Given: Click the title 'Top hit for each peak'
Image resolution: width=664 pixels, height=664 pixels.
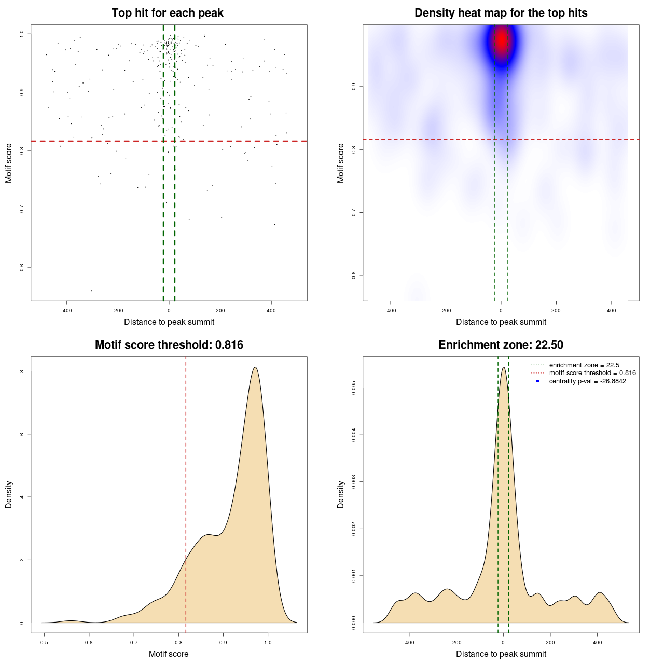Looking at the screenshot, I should [167, 13].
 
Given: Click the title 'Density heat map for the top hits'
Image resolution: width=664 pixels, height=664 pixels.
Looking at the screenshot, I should [501, 13].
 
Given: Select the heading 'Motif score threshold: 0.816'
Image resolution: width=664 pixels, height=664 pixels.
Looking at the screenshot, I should [169, 345].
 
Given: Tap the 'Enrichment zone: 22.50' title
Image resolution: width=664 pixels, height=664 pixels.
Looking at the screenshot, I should [501, 345].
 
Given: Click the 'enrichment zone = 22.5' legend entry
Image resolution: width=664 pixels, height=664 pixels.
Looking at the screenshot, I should [584, 365].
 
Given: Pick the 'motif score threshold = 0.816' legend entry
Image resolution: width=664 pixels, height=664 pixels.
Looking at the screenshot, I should [592, 373].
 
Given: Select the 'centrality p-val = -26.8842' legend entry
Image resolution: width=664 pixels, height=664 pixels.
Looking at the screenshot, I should [587, 381].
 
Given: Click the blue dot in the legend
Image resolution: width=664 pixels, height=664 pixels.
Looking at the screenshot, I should [537, 381].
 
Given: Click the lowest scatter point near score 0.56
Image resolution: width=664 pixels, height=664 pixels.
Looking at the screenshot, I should [91, 290].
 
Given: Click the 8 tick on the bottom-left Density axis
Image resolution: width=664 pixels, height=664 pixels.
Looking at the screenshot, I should [22, 371].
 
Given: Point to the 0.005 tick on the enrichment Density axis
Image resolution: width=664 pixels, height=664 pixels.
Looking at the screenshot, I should [354, 388].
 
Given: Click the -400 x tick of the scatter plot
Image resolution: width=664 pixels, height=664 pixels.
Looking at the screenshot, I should [66, 311].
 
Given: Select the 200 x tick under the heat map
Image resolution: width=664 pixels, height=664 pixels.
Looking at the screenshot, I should [556, 311].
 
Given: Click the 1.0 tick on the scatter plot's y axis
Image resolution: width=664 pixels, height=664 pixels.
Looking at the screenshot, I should [22, 34].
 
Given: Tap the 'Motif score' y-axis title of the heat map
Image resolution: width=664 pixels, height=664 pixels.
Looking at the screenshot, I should [341, 163].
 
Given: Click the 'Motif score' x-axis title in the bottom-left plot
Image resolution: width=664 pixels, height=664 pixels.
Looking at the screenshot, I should [169, 654].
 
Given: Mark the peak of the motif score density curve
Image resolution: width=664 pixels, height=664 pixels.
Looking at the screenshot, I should [255, 367].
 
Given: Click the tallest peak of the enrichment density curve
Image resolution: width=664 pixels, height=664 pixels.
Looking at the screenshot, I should [503, 367].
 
